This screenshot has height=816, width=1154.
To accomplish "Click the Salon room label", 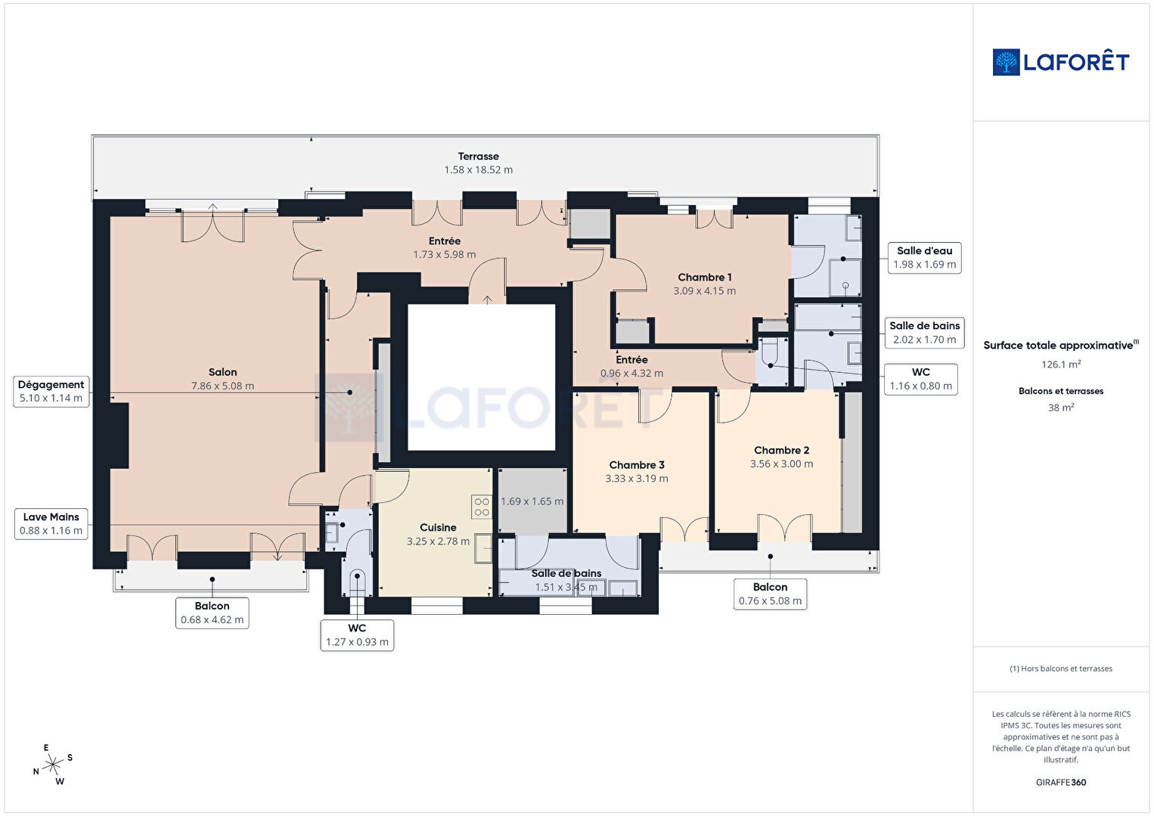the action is pyautogui.click(x=222, y=372).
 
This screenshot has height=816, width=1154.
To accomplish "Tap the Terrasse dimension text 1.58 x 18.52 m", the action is pyautogui.click(x=479, y=170).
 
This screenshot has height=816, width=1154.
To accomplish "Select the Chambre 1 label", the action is pyautogui.click(x=704, y=277).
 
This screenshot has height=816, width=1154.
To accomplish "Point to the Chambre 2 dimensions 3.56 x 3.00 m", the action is pyautogui.click(x=781, y=464).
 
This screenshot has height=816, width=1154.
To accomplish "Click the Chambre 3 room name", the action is pyautogui.click(x=637, y=464).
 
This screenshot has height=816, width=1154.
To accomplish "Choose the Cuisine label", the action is pyautogui.click(x=438, y=528).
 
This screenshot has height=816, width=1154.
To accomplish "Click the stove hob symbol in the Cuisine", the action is pyautogui.click(x=482, y=507).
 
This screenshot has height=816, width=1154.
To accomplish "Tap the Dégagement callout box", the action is pyautogui.click(x=51, y=392).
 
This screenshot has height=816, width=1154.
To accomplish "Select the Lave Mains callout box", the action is pyautogui.click(x=51, y=524).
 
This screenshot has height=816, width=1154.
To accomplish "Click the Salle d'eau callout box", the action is pyautogui.click(x=925, y=258).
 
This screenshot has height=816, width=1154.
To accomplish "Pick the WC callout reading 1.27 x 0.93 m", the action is pyautogui.click(x=357, y=635).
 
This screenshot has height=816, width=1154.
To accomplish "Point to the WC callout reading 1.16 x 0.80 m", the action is pyautogui.click(x=921, y=379).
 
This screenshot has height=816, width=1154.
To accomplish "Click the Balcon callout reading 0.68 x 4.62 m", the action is pyautogui.click(x=212, y=613).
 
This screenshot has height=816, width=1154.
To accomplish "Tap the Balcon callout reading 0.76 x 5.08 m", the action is pyautogui.click(x=770, y=594).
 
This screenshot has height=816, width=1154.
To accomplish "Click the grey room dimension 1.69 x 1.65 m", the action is pyautogui.click(x=532, y=501).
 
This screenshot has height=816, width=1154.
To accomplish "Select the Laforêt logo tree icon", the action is pyautogui.click(x=1006, y=62).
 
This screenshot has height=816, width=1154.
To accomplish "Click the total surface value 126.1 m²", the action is pyautogui.click(x=1061, y=365).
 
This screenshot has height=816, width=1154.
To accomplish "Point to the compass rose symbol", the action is pyautogui.click(x=53, y=765).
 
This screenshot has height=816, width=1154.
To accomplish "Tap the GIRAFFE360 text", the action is pyautogui.click(x=1061, y=782).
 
